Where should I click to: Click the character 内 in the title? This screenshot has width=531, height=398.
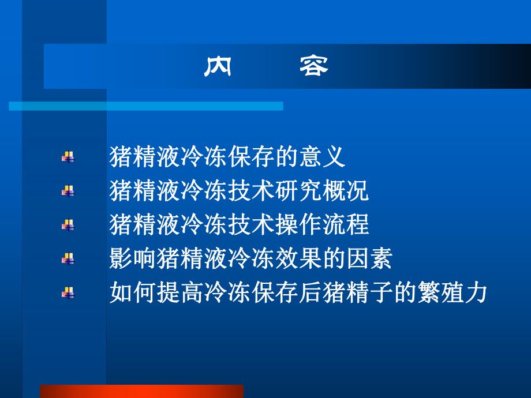(218, 67)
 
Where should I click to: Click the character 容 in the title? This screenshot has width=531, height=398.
(313, 67)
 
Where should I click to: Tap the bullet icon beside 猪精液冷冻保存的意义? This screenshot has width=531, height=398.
(68, 157)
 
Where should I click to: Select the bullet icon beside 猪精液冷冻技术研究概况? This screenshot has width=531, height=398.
(68, 191)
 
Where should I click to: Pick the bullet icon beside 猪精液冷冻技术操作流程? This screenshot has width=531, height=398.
(68, 225)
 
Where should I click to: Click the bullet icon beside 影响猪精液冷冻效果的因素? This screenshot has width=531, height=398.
(68, 259)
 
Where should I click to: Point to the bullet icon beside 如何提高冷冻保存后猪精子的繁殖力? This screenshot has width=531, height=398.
(68, 293)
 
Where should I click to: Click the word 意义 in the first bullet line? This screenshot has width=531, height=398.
(321, 156)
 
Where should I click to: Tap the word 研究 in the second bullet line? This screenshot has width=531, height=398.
(298, 190)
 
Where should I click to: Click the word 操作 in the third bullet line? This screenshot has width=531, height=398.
(298, 224)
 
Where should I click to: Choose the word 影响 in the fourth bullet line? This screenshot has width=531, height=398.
(133, 258)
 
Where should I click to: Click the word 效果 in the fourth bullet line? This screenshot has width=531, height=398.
(298, 258)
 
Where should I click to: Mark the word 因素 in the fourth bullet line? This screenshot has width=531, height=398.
(369, 258)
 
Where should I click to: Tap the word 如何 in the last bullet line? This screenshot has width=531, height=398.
(133, 292)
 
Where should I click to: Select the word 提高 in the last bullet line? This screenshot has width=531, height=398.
(180, 292)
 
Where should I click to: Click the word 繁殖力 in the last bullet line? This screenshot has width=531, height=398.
(452, 292)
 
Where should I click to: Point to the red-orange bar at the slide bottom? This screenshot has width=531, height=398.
(142, 391)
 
